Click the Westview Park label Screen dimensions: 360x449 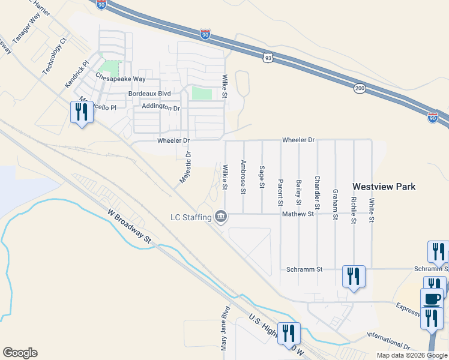[384, 187]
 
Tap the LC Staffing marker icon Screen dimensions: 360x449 [221, 216]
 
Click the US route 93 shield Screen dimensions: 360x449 [268, 58]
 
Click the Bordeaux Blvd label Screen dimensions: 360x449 [149, 94]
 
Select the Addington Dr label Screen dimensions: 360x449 [161, 107]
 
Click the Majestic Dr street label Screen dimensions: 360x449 [185, 167]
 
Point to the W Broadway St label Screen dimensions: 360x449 [130, 226]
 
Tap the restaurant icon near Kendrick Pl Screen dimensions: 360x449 [80, 112]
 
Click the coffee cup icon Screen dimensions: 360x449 [432, 298]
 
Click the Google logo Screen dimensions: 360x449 [20, 353]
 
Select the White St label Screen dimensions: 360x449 [372, 211]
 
